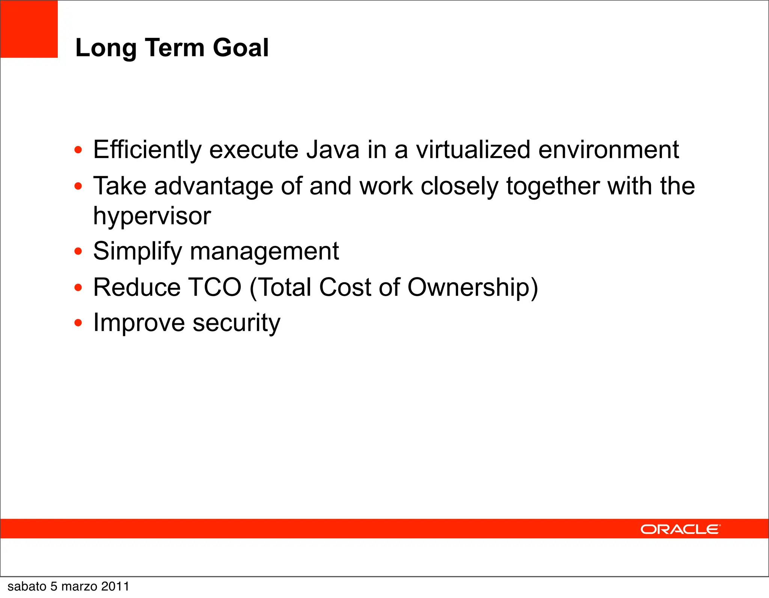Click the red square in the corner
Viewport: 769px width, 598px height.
[29, 29]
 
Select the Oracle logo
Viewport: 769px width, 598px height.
[680, 529]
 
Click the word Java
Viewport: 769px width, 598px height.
[333, 150]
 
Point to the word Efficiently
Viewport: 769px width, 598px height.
[147, 150]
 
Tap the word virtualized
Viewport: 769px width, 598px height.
[473, 150]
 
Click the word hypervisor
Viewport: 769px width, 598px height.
[152, 216]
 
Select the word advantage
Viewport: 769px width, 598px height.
[213, 186]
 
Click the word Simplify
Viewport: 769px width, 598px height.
[137, 251]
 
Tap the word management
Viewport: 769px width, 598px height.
[264, 251]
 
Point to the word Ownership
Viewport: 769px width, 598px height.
[469, 287]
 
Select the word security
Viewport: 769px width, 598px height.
[236, 323]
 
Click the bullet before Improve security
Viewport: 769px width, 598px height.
[78, 323]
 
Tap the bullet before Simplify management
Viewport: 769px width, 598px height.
[78, 251]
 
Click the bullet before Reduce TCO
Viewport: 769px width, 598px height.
[78, 288]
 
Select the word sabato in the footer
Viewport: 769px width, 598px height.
[27, 586]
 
